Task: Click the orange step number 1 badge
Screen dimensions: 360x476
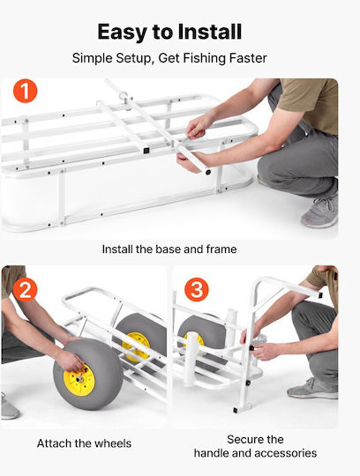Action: (26, 91)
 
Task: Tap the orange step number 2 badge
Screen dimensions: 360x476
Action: (26, 290)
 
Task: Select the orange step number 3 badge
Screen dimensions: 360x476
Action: (197, 290)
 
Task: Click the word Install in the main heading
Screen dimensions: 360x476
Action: (210, 32)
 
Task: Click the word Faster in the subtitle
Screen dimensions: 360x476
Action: (248, 58)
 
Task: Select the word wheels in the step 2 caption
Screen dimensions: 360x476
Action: (113, 443)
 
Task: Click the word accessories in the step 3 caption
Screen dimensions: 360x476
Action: (285, 453)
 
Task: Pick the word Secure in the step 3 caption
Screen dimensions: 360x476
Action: (242, 440)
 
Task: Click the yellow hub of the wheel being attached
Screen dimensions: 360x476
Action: (79, 380)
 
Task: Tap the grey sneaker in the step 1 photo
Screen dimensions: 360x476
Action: (319, 212)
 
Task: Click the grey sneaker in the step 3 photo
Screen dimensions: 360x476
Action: (312, 389)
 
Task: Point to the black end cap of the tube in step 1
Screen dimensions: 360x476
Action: (208, 173)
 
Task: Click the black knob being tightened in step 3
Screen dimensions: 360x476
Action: (251, 348)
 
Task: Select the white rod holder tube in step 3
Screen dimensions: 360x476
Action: (191, 359)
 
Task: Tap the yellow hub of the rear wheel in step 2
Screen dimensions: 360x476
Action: (136, 347)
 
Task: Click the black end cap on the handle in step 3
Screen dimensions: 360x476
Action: (319, 295)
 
